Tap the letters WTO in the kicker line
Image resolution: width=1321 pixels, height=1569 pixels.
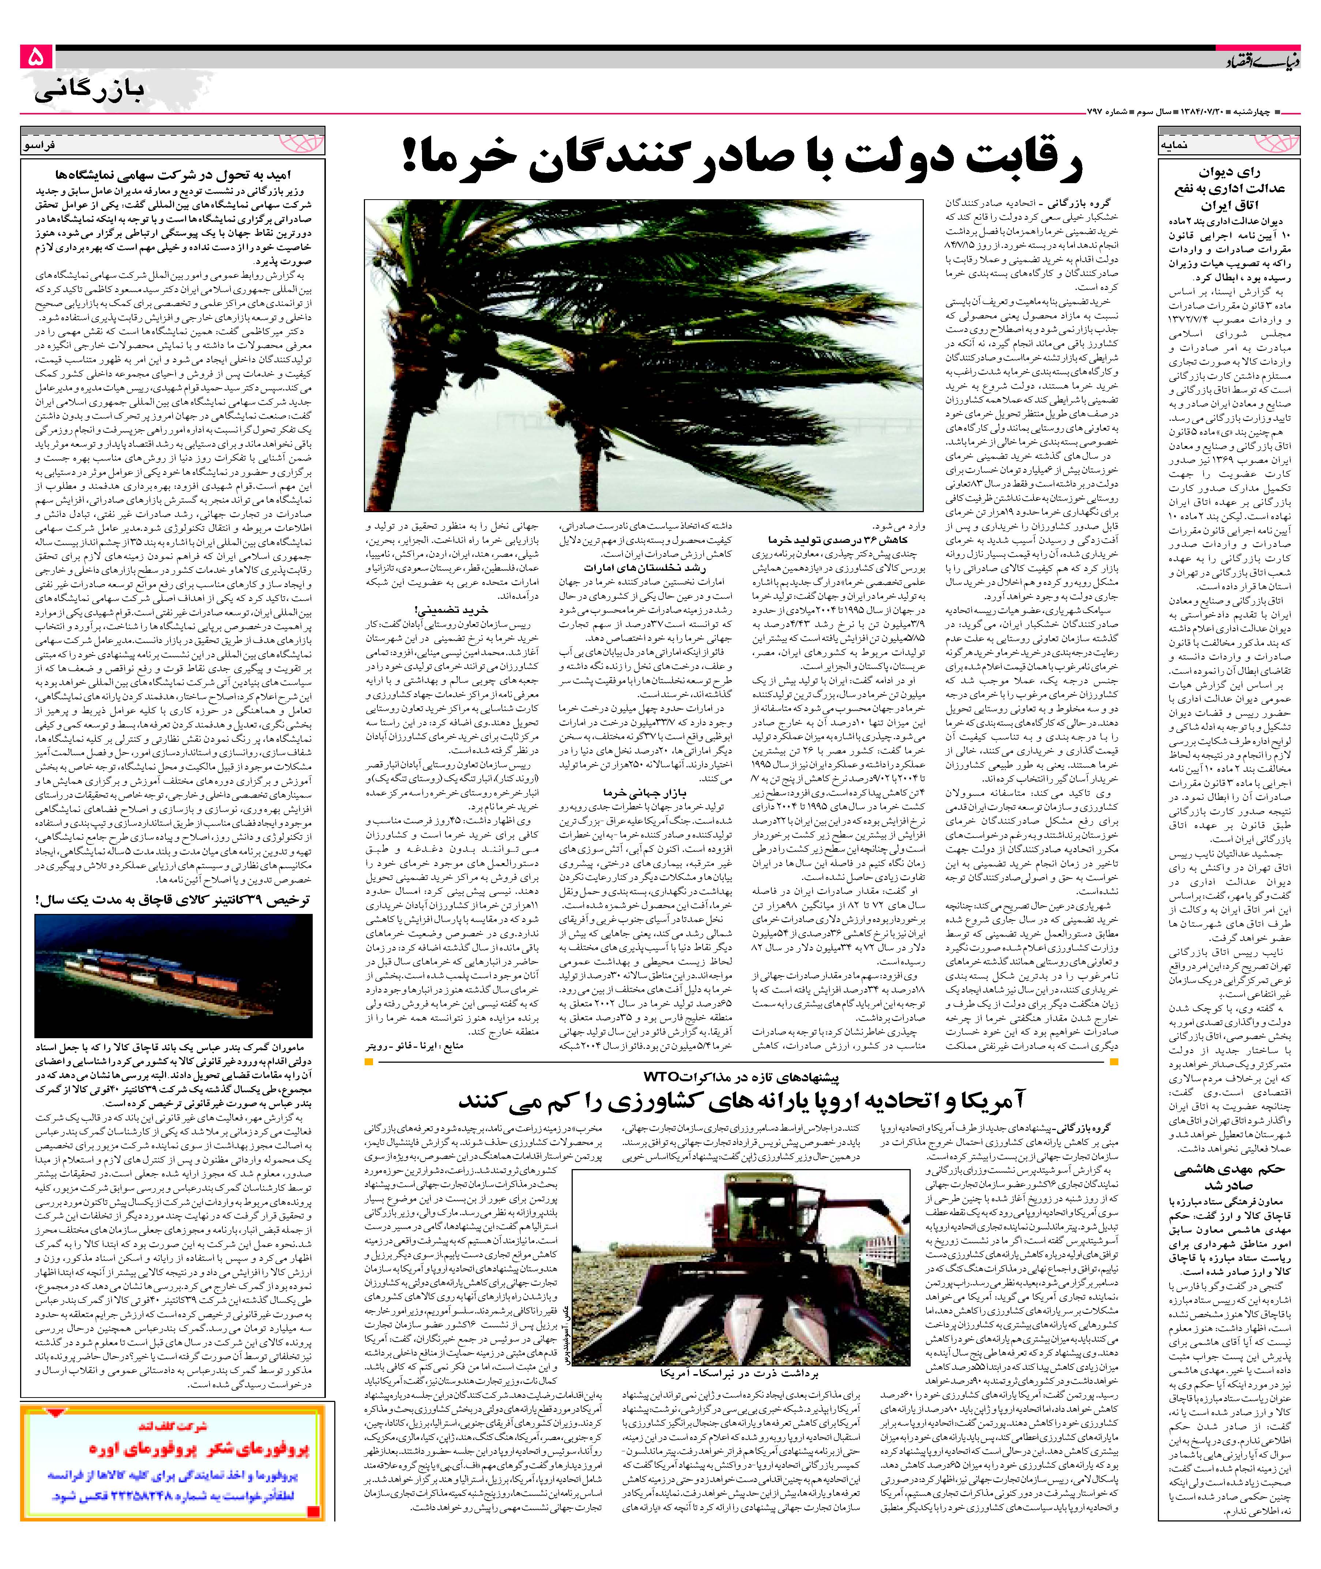(659, 1076)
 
